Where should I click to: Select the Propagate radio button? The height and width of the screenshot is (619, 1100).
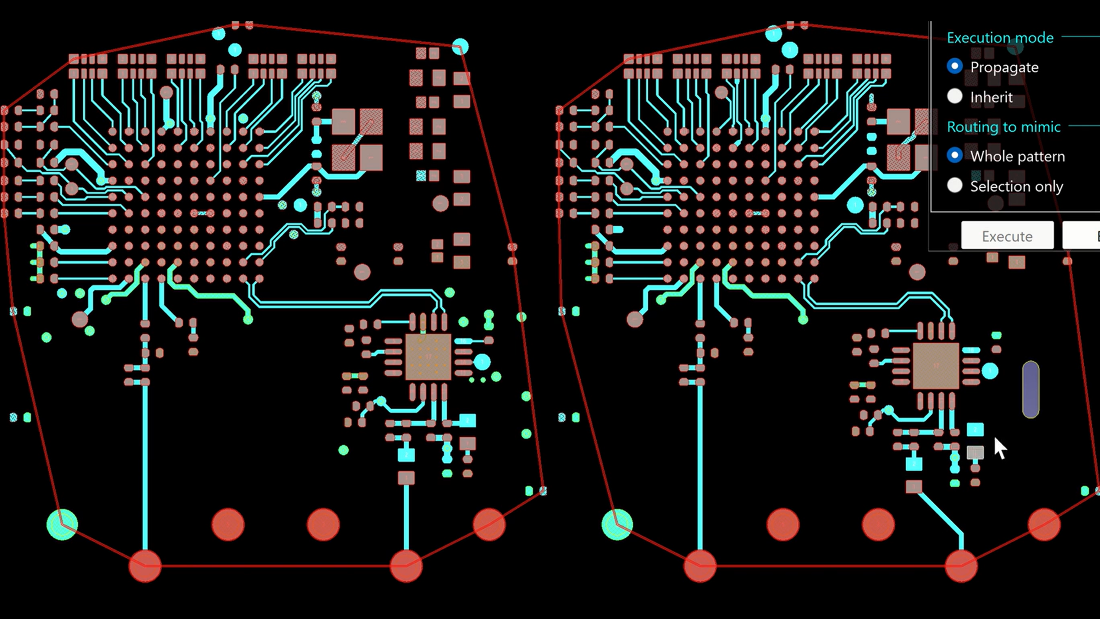(954, 66)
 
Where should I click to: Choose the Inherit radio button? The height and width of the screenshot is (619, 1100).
(954, 96)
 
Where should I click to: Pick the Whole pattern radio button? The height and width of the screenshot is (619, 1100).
(954, 155)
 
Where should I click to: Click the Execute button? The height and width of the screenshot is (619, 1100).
(1007, 236)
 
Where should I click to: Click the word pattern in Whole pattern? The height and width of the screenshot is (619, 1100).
(1041, 156)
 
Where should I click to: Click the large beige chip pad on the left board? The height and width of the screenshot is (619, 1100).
(428, 357)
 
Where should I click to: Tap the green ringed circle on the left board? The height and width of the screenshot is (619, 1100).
(62, 524)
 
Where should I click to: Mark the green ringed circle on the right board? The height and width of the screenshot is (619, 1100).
(617, 524)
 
